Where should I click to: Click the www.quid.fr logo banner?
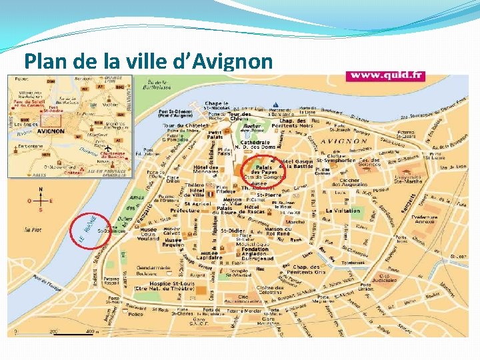click(x=385, y=75)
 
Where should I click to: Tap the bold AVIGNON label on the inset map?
click(x=51, y=131)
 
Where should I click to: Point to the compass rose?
click(x=41, y=200)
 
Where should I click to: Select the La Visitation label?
click(x=343, y=211)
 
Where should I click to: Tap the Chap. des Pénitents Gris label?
click(x=307, y=271)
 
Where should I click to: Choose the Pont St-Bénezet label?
click(x=176, y=114)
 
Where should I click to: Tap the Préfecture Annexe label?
click(x=425, y=219)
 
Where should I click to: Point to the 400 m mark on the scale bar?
click(x=89, y=331)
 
